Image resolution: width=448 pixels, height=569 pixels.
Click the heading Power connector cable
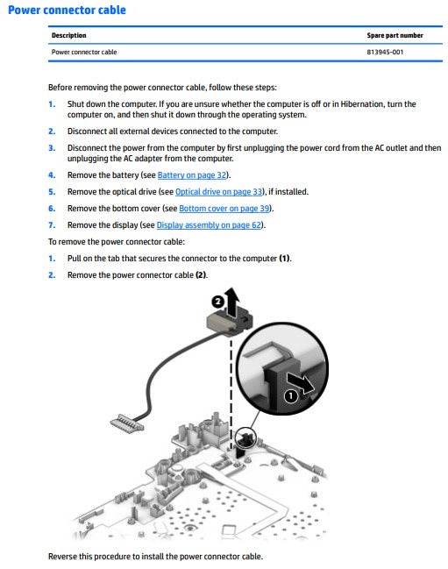[x=67, y=10]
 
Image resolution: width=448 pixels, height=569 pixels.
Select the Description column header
[x=69, y=35]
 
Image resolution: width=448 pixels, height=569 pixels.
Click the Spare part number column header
[x=395, y=35]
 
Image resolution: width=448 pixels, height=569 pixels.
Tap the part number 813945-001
[x=385, y=52]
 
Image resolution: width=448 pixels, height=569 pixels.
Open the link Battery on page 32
[x=192, y=175]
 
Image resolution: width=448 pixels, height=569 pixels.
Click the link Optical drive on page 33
[x=219, y=192]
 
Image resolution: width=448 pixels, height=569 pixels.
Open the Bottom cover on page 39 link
[x=224, y=209]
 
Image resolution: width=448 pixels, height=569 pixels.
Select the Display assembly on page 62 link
[x=209, y=225]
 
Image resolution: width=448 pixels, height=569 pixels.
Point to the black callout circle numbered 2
[x=217, y=302]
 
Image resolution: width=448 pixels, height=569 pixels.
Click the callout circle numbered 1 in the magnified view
[x=290, y=396]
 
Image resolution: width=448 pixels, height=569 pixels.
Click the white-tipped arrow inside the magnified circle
[x=301, y=383]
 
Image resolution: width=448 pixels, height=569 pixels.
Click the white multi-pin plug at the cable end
[x=126, y=423]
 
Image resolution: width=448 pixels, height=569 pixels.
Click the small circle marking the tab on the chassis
[x=245, y=438]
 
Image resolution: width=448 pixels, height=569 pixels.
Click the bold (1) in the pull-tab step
[x=285, y=259]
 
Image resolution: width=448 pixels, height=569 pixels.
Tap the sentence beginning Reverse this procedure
[x=156, y=557]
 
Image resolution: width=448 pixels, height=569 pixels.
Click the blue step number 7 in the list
[x=52, y=225]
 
